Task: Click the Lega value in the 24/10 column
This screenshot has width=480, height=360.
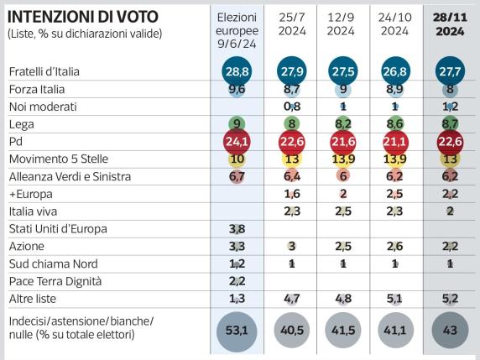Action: [395, 123]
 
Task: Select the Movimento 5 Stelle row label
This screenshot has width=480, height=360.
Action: [57, 158]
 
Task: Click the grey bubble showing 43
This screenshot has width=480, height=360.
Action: [450, 331]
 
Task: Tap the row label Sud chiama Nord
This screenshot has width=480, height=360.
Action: [49, 263]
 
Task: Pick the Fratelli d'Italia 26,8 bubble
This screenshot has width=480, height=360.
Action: [395, 70]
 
